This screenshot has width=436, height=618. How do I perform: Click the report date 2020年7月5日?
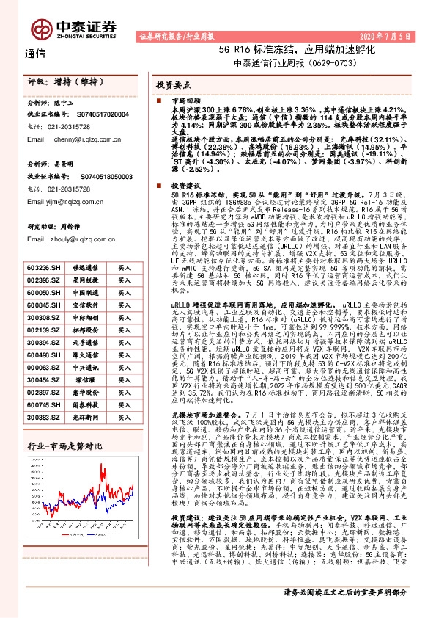(x=393, y=35)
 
